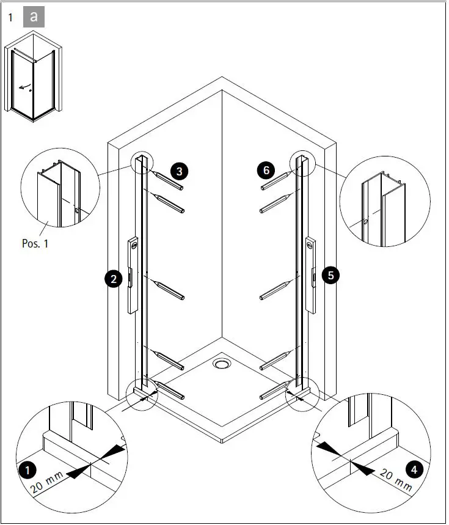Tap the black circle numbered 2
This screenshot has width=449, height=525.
pos(112,280)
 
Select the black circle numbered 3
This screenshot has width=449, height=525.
pos(179,171)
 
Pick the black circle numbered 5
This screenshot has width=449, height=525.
pos(330,276)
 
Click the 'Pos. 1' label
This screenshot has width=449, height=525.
pos(34,244)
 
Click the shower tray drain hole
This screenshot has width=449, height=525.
pos(221,364)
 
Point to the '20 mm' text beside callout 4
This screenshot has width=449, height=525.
pos(396,479)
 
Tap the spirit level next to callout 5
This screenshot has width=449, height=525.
pos(311,275)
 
